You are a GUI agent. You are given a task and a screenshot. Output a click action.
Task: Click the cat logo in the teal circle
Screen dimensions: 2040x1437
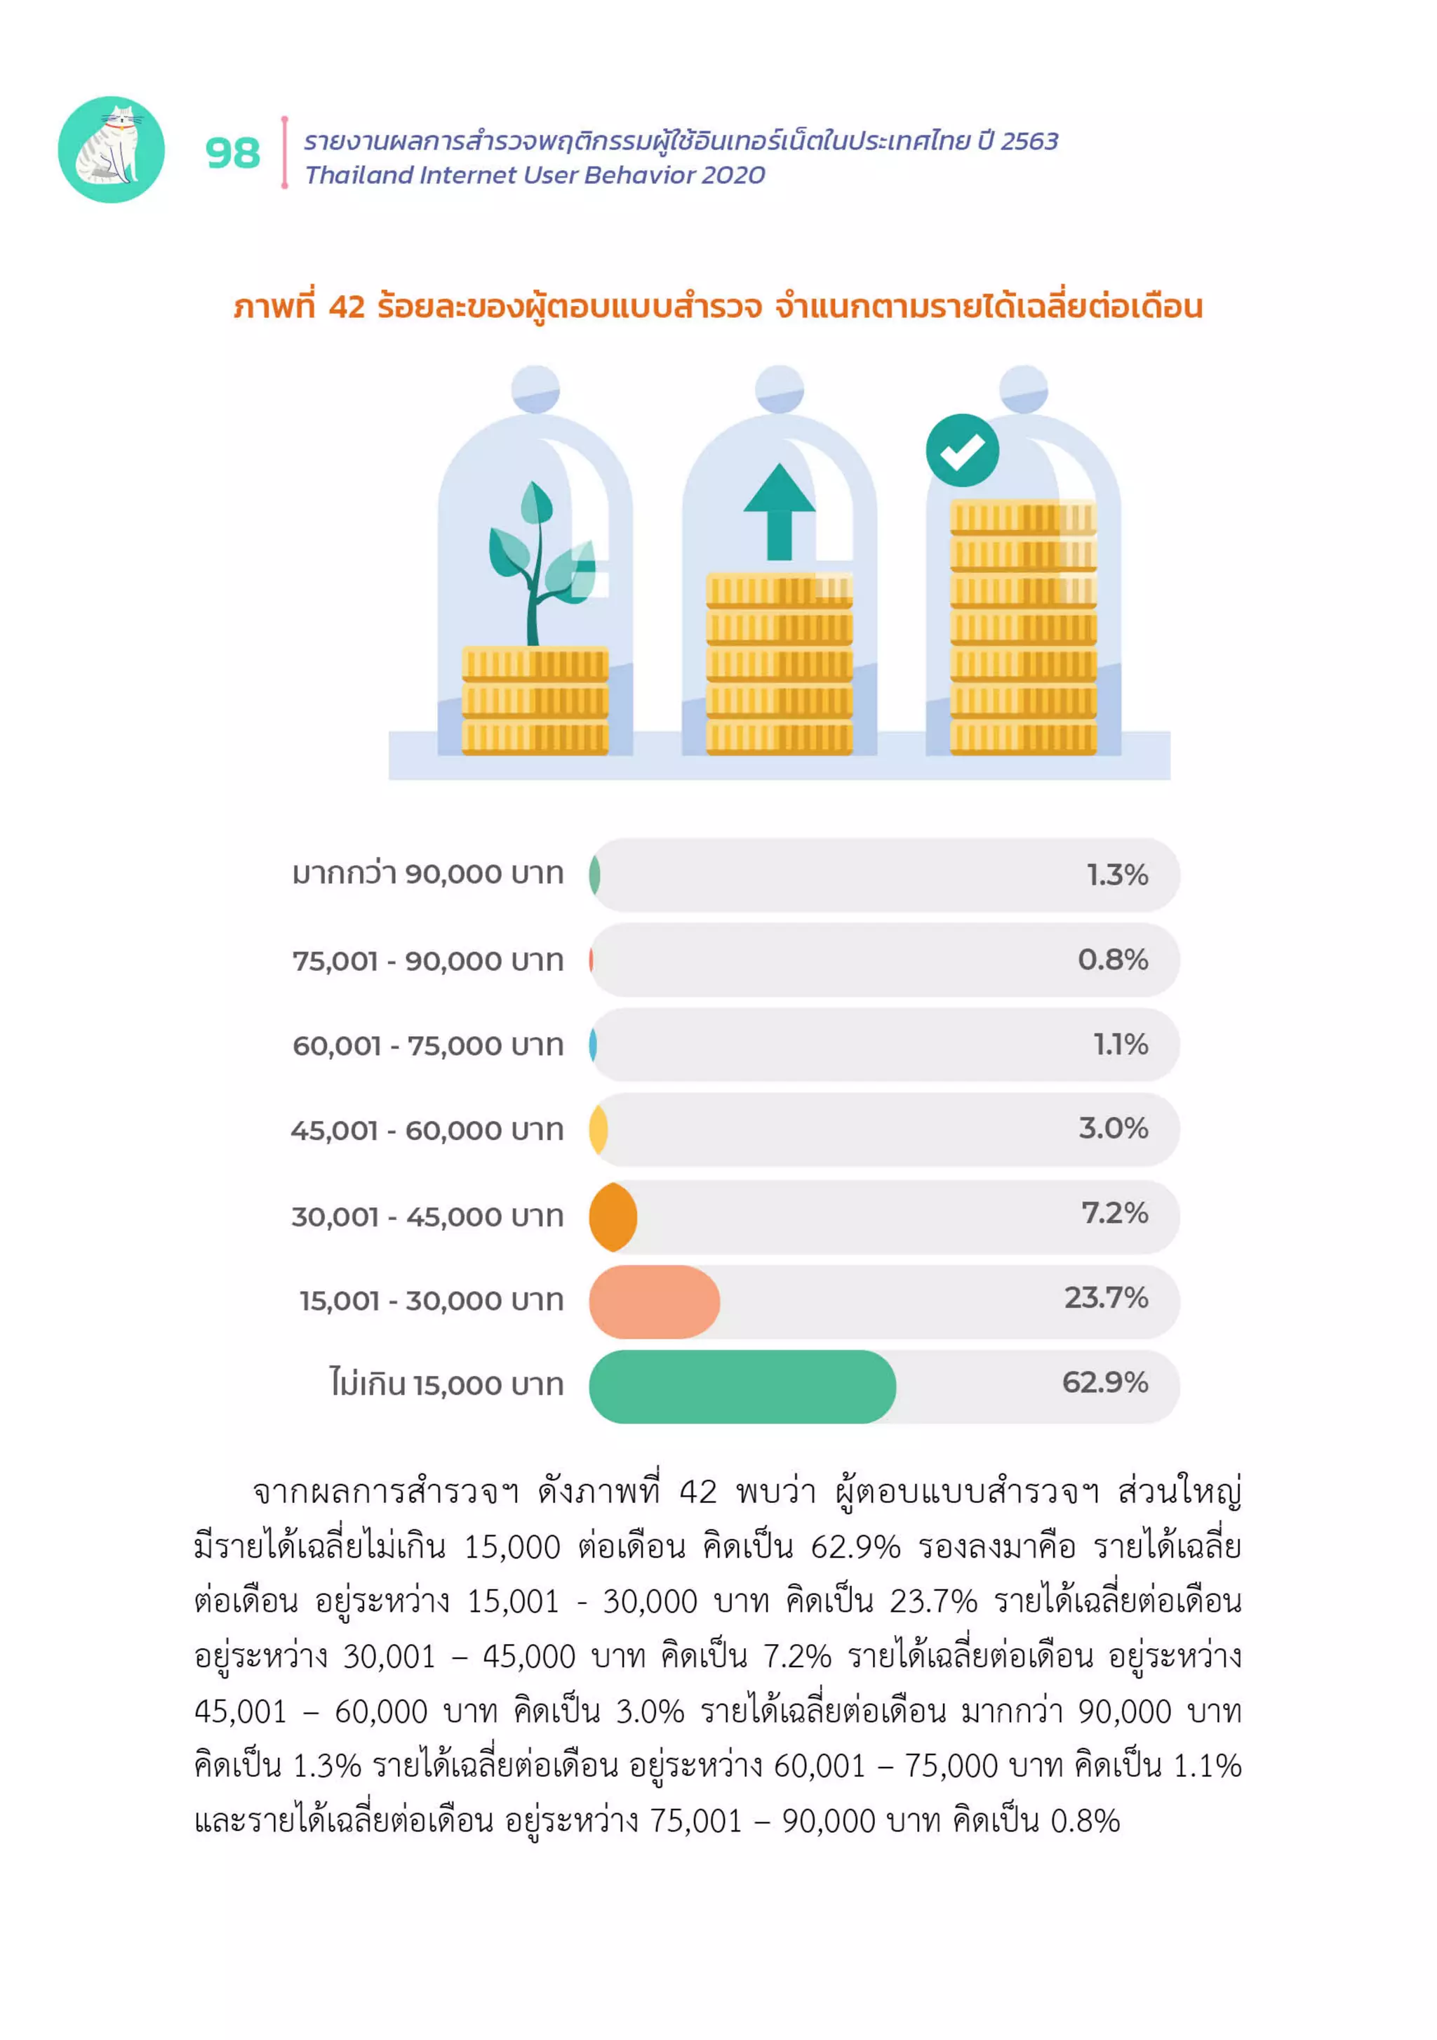pyautogui.click(x=111, y=150)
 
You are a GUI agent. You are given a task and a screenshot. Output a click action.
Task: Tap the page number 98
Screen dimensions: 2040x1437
pyautogui.click(x=233, y=153)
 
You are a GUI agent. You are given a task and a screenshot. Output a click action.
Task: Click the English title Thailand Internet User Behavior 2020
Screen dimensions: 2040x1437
pyautogui.click(x=534, y=175)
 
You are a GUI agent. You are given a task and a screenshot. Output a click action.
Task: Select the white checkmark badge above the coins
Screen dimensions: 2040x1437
pyautogui.click(x=961, y=451)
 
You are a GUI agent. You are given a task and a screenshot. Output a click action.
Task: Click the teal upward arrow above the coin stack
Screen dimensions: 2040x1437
pyautogui.click(x=779, y=512)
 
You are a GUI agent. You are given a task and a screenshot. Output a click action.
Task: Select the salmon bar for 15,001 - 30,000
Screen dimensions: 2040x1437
pyautogui.click(x=654, y=1302)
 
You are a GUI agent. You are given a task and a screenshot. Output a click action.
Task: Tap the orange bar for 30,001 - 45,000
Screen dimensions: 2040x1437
pyautogui.click(x=613, y=1217)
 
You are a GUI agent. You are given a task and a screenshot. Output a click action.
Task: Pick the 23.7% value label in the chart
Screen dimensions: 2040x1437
pyautogui.click(x=1106, y=1298)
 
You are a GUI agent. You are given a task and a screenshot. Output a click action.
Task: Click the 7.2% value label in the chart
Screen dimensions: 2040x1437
pyautogui.click(x=1114, y=1213)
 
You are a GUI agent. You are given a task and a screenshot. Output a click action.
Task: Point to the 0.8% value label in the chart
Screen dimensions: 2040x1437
pyautogui.click(x=1112, y=960)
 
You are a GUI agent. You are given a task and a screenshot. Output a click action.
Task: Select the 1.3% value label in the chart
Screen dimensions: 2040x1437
pyautogui.click(x=1116, y=875)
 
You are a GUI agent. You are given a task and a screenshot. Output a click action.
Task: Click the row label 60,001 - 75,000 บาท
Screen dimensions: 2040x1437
pyautogui.click(x=428, y=1046)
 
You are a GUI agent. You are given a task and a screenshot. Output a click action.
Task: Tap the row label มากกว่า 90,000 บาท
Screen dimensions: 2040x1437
pyautogui.click(x=428, y=874)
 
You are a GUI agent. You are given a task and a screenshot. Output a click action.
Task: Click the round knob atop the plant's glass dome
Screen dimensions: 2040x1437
pyautogui.click(x=535, y=389)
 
